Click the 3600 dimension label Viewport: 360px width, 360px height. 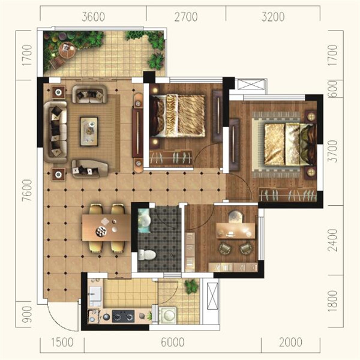pyautogui.click(x=93, y=17)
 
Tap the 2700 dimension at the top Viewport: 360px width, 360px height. pyautogui.click(x=186, y=17)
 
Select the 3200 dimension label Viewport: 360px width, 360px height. pyautogui.click(x=273, y=17)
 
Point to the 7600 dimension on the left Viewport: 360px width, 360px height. pyautogui.click(x=27, y=190)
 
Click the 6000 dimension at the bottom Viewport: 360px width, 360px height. pyautogui.click(x=173, y=342)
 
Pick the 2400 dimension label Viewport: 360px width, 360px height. pyautogui.click(x=333, y=240)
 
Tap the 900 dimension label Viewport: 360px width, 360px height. pyautogui.click(x=27, y=314)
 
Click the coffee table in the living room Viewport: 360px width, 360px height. pyautogui.click(x=89, y=131)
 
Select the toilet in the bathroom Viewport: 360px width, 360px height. pyautogui.click(x=147, y=255)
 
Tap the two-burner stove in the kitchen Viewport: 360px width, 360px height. pyautogui.click(x=123, y=316)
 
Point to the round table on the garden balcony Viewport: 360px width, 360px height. pyautogui.click(x=67, y=50)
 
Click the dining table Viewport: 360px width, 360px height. pyautogui.click(x=107, y=227)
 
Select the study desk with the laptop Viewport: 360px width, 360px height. pyautogui.click(x=236, y=231)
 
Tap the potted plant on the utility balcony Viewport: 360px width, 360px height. pyautogui.click(x=192, y=287)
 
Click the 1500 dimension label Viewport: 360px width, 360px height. pyautogui.click(x=62, y=342)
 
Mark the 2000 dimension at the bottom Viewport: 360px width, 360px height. pyautogui.click(x=290, y=342)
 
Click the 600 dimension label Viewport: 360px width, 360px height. pyautogui.click(x=333, y=89)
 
